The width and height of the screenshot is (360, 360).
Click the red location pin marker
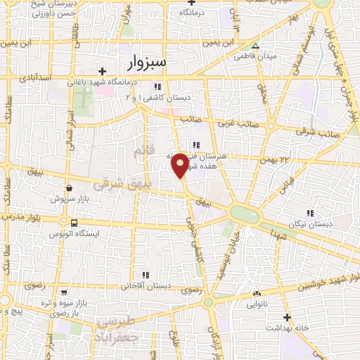click(180, 165)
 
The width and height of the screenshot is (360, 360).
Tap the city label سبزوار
click(147, 64)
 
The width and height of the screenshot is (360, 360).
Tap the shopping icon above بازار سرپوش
click(70, 188)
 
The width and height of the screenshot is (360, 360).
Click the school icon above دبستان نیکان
click(309, 213)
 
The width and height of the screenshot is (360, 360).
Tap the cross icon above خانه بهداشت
click(286, 317)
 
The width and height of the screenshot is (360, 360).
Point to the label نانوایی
click(256, 305)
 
